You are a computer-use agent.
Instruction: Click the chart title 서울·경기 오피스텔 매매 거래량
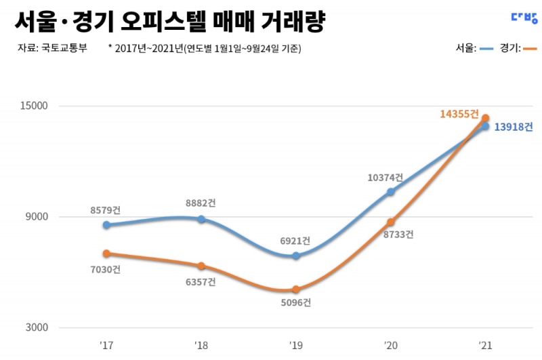click(x=169, y=22)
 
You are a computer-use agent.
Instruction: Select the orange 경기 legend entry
click(x=518, y=49)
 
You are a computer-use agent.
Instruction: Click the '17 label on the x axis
click(x=106, y=346)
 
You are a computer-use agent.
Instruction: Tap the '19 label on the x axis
click(x=295, y=346)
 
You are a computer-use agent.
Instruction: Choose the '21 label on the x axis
click(x=485, y=346)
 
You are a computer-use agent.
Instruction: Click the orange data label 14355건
click(x=459, y=114)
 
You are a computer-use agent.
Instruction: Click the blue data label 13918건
click(x=513, y=127)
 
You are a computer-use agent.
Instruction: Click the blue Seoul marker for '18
click(x=201, y=219)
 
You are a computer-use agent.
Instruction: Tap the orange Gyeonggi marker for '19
click(x=296, y=289)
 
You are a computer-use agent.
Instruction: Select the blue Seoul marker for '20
click(x=390, y=192)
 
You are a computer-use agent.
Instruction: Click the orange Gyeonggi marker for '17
click(x=106, y=254)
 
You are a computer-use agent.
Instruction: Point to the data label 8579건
click(x=107, y=211)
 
